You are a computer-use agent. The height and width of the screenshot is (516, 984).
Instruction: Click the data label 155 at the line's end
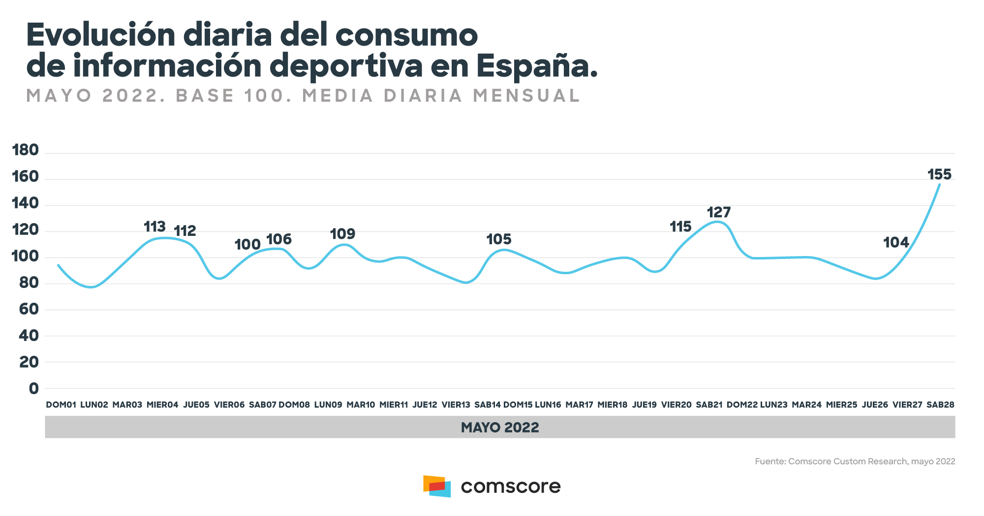pyautogui.click(x=939, y=174)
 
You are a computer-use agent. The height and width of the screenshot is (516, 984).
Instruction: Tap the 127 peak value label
pyautogui.click(x=719, y=212)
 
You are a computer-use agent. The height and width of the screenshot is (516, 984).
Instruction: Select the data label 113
pyautogui.click(x=154, y=227)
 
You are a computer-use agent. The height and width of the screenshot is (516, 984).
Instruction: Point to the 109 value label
pyautogui.click(x=342, y=234)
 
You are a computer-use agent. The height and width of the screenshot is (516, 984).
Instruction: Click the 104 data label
pyautogui.click(x=896, y=242)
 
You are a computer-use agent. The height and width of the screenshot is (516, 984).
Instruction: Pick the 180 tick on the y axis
pyautogui.click(x=26, y=150)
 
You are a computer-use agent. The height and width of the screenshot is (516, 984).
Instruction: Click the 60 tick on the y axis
pyautogui.click(x=29, y=309)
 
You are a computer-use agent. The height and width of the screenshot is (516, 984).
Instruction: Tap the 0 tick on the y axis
pyautogui.click(x=33, y=388)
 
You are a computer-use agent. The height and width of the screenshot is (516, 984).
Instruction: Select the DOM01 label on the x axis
pyautogui.click(x=61, y=405)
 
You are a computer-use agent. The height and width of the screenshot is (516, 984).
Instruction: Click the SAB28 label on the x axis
pyautogui.click(x=940, y=405)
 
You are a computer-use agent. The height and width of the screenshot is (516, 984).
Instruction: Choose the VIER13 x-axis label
pyautogui.click(x=456, y=405)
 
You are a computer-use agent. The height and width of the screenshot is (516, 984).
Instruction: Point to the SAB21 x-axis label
pyautogui.click(x=709, y=405)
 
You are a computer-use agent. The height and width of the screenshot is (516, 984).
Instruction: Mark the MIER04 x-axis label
pyautogui.click(x=162, y=405)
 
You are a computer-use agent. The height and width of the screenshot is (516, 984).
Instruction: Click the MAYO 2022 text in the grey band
pyautogui.click(x=500, y=427)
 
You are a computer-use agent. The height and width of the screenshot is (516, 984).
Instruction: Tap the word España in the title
pyautogui.click(x=537, y=66)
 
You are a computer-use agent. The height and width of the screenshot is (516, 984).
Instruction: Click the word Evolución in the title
pyautogui.click(x=101, y=35)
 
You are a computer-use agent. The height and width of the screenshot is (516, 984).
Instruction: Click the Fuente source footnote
pyautogui.click(x=855, y=461)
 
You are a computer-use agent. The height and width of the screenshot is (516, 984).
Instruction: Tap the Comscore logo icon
pyautogui.click(x=437, y=486)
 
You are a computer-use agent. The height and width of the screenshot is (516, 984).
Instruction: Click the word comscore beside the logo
pyautogui.click(x=511, y=487)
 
